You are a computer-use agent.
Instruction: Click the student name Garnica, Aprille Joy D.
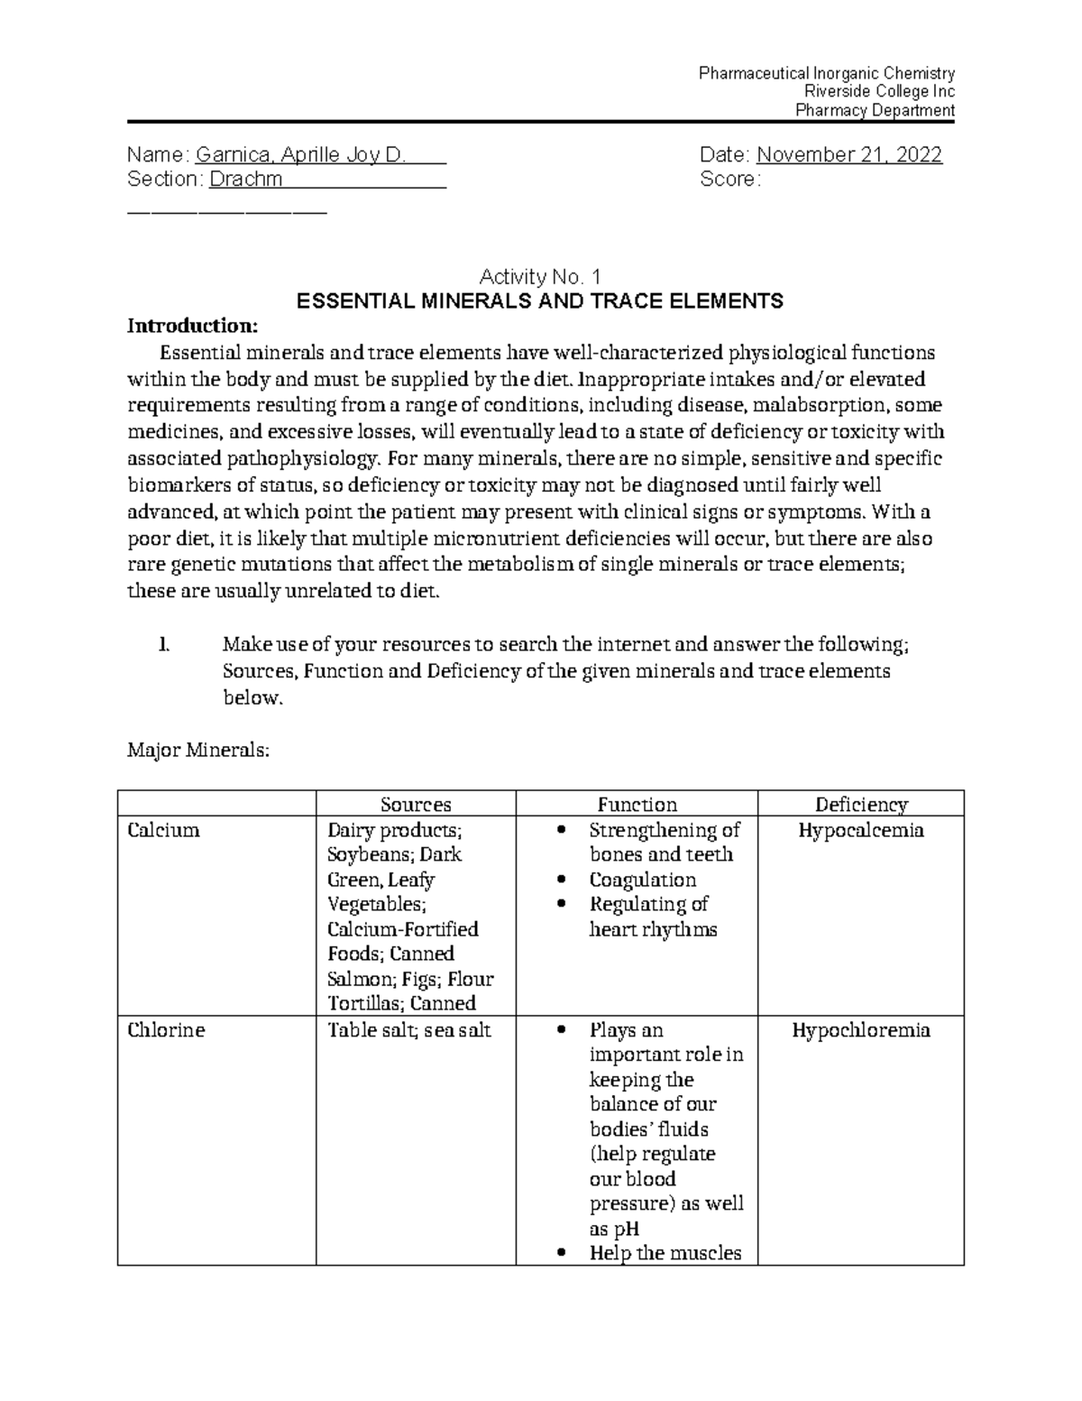tap(300, 155)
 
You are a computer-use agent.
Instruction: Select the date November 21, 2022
tap(849, 155)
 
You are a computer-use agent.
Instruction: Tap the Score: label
tap(729, 180)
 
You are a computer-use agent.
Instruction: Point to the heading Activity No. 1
tap(540, 277)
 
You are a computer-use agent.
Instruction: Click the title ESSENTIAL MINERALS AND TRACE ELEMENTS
tap(540, 301)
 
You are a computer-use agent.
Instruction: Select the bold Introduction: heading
tap(192, 325)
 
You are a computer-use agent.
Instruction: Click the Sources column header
tap(416, 805)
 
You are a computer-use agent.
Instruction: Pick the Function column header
tap(637, 805)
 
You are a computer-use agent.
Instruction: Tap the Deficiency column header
tap(861, 805)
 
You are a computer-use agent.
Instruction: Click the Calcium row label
tap(163, 830)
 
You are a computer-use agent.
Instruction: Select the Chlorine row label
tap(166, 1030)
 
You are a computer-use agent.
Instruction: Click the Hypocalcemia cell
tap(861, 830)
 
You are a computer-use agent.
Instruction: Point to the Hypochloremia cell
tap(861, 1030)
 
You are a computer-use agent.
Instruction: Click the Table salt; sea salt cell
tap(408, 1030)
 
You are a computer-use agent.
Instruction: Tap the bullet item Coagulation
tap(642, 880)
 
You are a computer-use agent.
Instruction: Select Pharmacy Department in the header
tap(874, 111)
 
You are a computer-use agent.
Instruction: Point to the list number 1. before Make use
tap(162, 645)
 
